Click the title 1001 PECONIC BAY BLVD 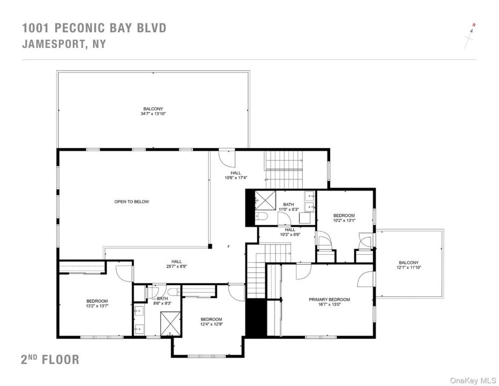(x=94, y=28)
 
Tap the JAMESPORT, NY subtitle (x=64, y=44)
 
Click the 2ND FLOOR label (x=50, y=359)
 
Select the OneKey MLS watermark (x=473, y=380)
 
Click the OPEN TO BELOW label (x=132, y=202)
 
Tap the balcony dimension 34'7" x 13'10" (x=153, y=114)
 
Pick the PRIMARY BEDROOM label (x=330, y=300)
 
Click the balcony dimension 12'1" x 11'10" (x=408, y=268)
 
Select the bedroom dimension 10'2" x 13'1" (x=344, y=220)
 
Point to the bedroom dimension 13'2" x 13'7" (x=97, y=306)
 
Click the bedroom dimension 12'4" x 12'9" (x=211, y=324)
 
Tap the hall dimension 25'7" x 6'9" (x=176, y=266)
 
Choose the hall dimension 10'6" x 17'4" (x=236, y=178)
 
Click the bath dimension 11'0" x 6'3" (x=289, y=210)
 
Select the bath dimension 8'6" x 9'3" (x=162, y=303)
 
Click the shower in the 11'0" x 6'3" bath (x=265, y=200)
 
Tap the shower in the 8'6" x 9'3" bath (x=170, y=323)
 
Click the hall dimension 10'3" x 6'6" (x=290, y=235)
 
